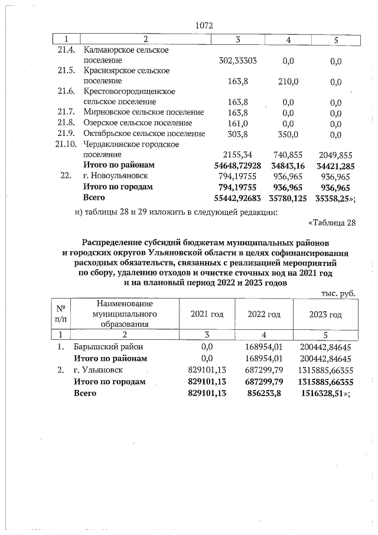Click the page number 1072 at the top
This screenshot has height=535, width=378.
tap(203, 25)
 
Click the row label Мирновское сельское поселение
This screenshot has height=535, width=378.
tap(144, 112)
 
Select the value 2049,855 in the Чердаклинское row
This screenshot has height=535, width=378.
tap(334, 154)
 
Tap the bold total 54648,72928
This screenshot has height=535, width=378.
tap(237, 165)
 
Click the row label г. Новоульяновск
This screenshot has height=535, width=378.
tap(115, 176)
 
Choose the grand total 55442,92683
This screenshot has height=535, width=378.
tap(237, 197)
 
